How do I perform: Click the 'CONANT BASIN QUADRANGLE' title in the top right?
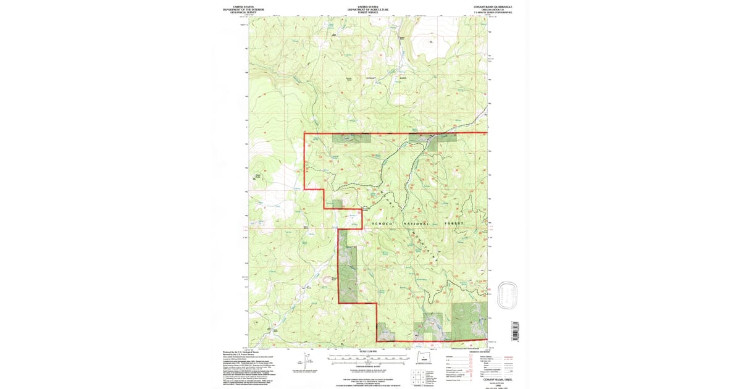click(x=492, y=6)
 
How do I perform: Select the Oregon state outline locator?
click(x=424, y=359)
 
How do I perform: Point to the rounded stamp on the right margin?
click(x=508, y=295)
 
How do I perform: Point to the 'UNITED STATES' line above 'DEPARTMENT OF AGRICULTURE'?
click(x=368, y=6)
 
